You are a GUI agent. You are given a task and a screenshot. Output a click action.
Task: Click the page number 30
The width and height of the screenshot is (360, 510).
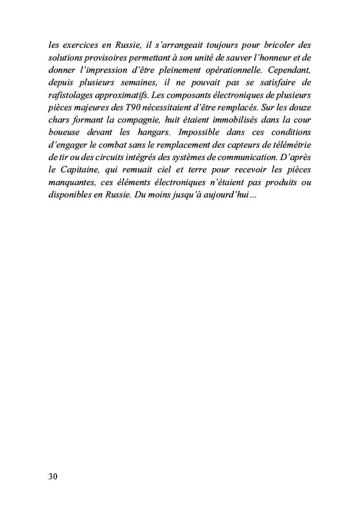[52, 477]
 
